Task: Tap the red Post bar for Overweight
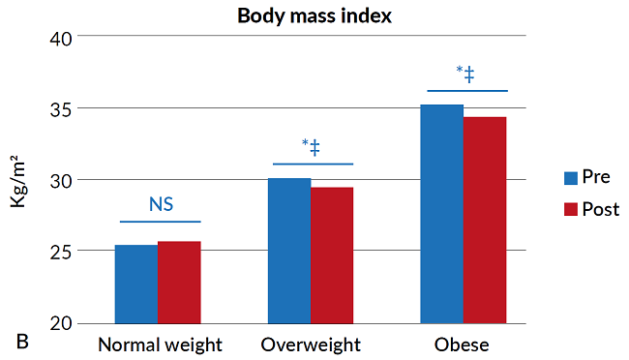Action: pyautogui.click(x=332, y=255)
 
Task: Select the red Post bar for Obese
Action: pyautogui.click(x=485, y=220)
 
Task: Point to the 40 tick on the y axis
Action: pyautogui.click(x=61, y=38)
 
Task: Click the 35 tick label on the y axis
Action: pyautogui.click(x=61, y=109)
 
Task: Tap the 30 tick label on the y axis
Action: pyautogui.click(x=61, y=181)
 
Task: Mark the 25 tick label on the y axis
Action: pyautogui.click(x=61, y=252)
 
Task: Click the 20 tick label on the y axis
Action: pyautogui.click(x=61, y=323)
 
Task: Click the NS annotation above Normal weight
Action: pyautogui.click(x=161, y=204)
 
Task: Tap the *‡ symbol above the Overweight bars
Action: pyautogui.click(x=311, y=147)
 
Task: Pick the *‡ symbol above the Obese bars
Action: pyautogui.click(x=465, y=74)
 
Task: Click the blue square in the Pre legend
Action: pyautogui.click(x=571, y=177)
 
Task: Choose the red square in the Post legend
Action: pyautogui.click(x=571, y=209)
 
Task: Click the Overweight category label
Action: pyautogui.click(x=311, y=345)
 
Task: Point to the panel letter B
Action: pyautogui.click(x=22, y=342)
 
